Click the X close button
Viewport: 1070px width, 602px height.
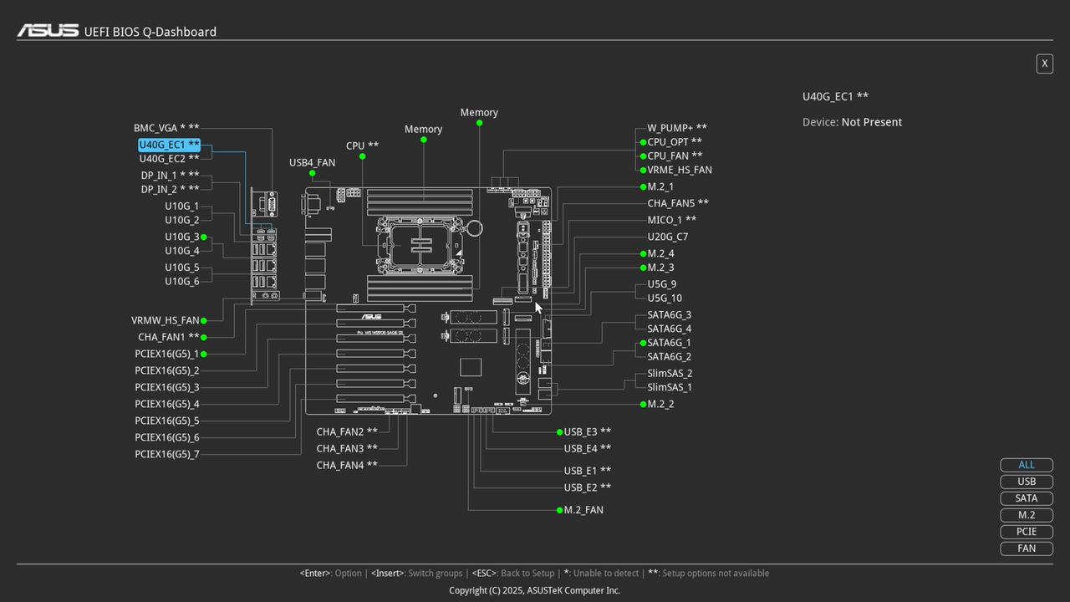[x=1044, y=64]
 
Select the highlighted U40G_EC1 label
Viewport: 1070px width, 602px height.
[x=169, y=145]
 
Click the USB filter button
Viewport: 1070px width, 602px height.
[x=1027, y=482]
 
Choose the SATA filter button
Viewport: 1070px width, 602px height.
[x=1027, y=498]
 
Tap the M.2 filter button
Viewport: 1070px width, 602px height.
[x=1027, y=515]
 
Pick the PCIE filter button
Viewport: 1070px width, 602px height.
[x=1027, y=532]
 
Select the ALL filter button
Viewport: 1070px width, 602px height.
[x=1027, y=465]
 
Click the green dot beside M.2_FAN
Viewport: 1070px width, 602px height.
[x=559, y=510]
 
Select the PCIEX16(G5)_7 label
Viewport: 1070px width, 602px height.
[x=166, y=454]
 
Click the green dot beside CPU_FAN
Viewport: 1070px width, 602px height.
[x=643, y=156]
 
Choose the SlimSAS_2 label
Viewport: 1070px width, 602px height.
[x=670, y=373]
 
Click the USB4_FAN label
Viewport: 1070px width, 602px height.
[x=312, y=162]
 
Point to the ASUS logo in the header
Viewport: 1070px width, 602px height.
[x=48, y=31]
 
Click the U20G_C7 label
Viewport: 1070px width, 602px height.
[x=667, y=237]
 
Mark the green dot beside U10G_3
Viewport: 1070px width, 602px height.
[x=203, y=237]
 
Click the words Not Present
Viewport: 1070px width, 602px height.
[x=871, y=122]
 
